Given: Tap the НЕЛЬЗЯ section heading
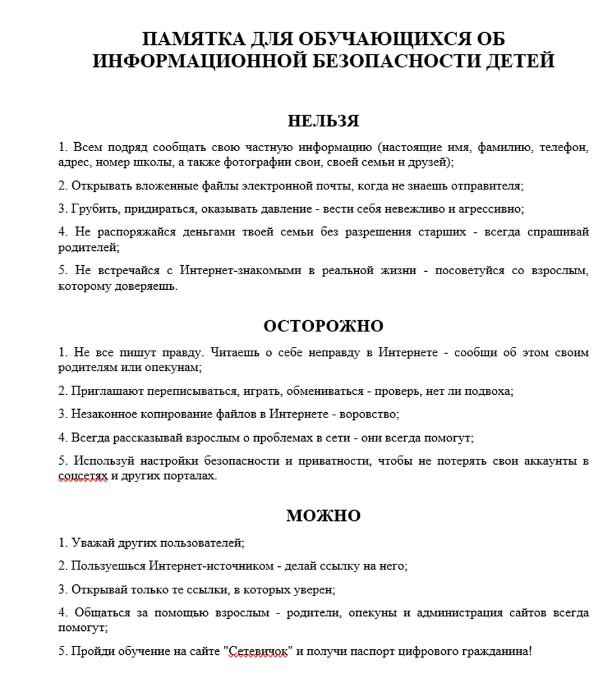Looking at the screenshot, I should [x=323, y=121].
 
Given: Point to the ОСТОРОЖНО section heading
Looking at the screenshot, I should [x=323, y=326].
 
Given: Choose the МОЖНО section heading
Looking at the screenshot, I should [x=323, y=516].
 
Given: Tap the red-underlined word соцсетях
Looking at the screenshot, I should [x=82, y=476].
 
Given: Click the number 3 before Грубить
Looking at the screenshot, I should [x=62, y=209].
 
